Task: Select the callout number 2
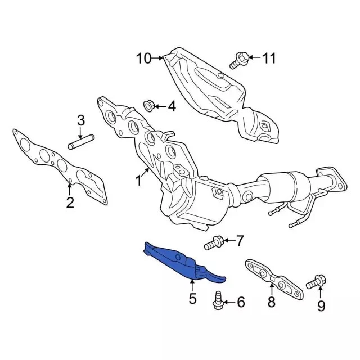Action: pos(70,202)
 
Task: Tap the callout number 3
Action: pos(81,120)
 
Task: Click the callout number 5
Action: pos(192,299)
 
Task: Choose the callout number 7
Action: pos(240,242)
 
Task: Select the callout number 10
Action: pos(143,58)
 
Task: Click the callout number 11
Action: pos(270,57)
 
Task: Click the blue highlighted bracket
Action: pos(180,261)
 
